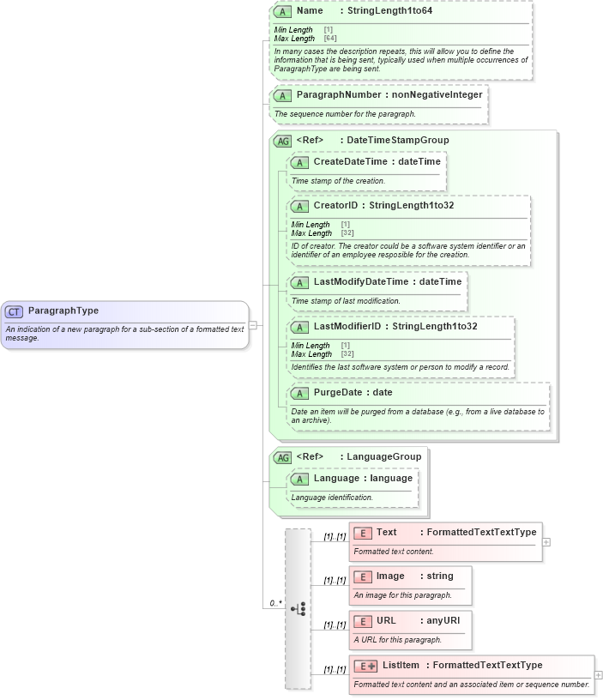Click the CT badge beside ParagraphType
pos(15,311)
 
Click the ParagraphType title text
pos(63,311)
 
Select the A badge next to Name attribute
pos(282,12)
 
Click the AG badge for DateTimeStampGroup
pos(282,141)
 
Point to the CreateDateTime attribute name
pos(351,161)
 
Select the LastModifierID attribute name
pos(347,326)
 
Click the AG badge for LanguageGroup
pos(282,457)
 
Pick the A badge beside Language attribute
pos(299,478)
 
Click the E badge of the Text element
pos(362,533)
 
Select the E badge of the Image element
pos(362,576)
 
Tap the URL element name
pos(386,620)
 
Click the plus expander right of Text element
pos(546,542)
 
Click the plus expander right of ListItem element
pos(598,675)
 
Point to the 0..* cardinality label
pos(275,603)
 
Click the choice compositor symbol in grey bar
pos(298,608)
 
